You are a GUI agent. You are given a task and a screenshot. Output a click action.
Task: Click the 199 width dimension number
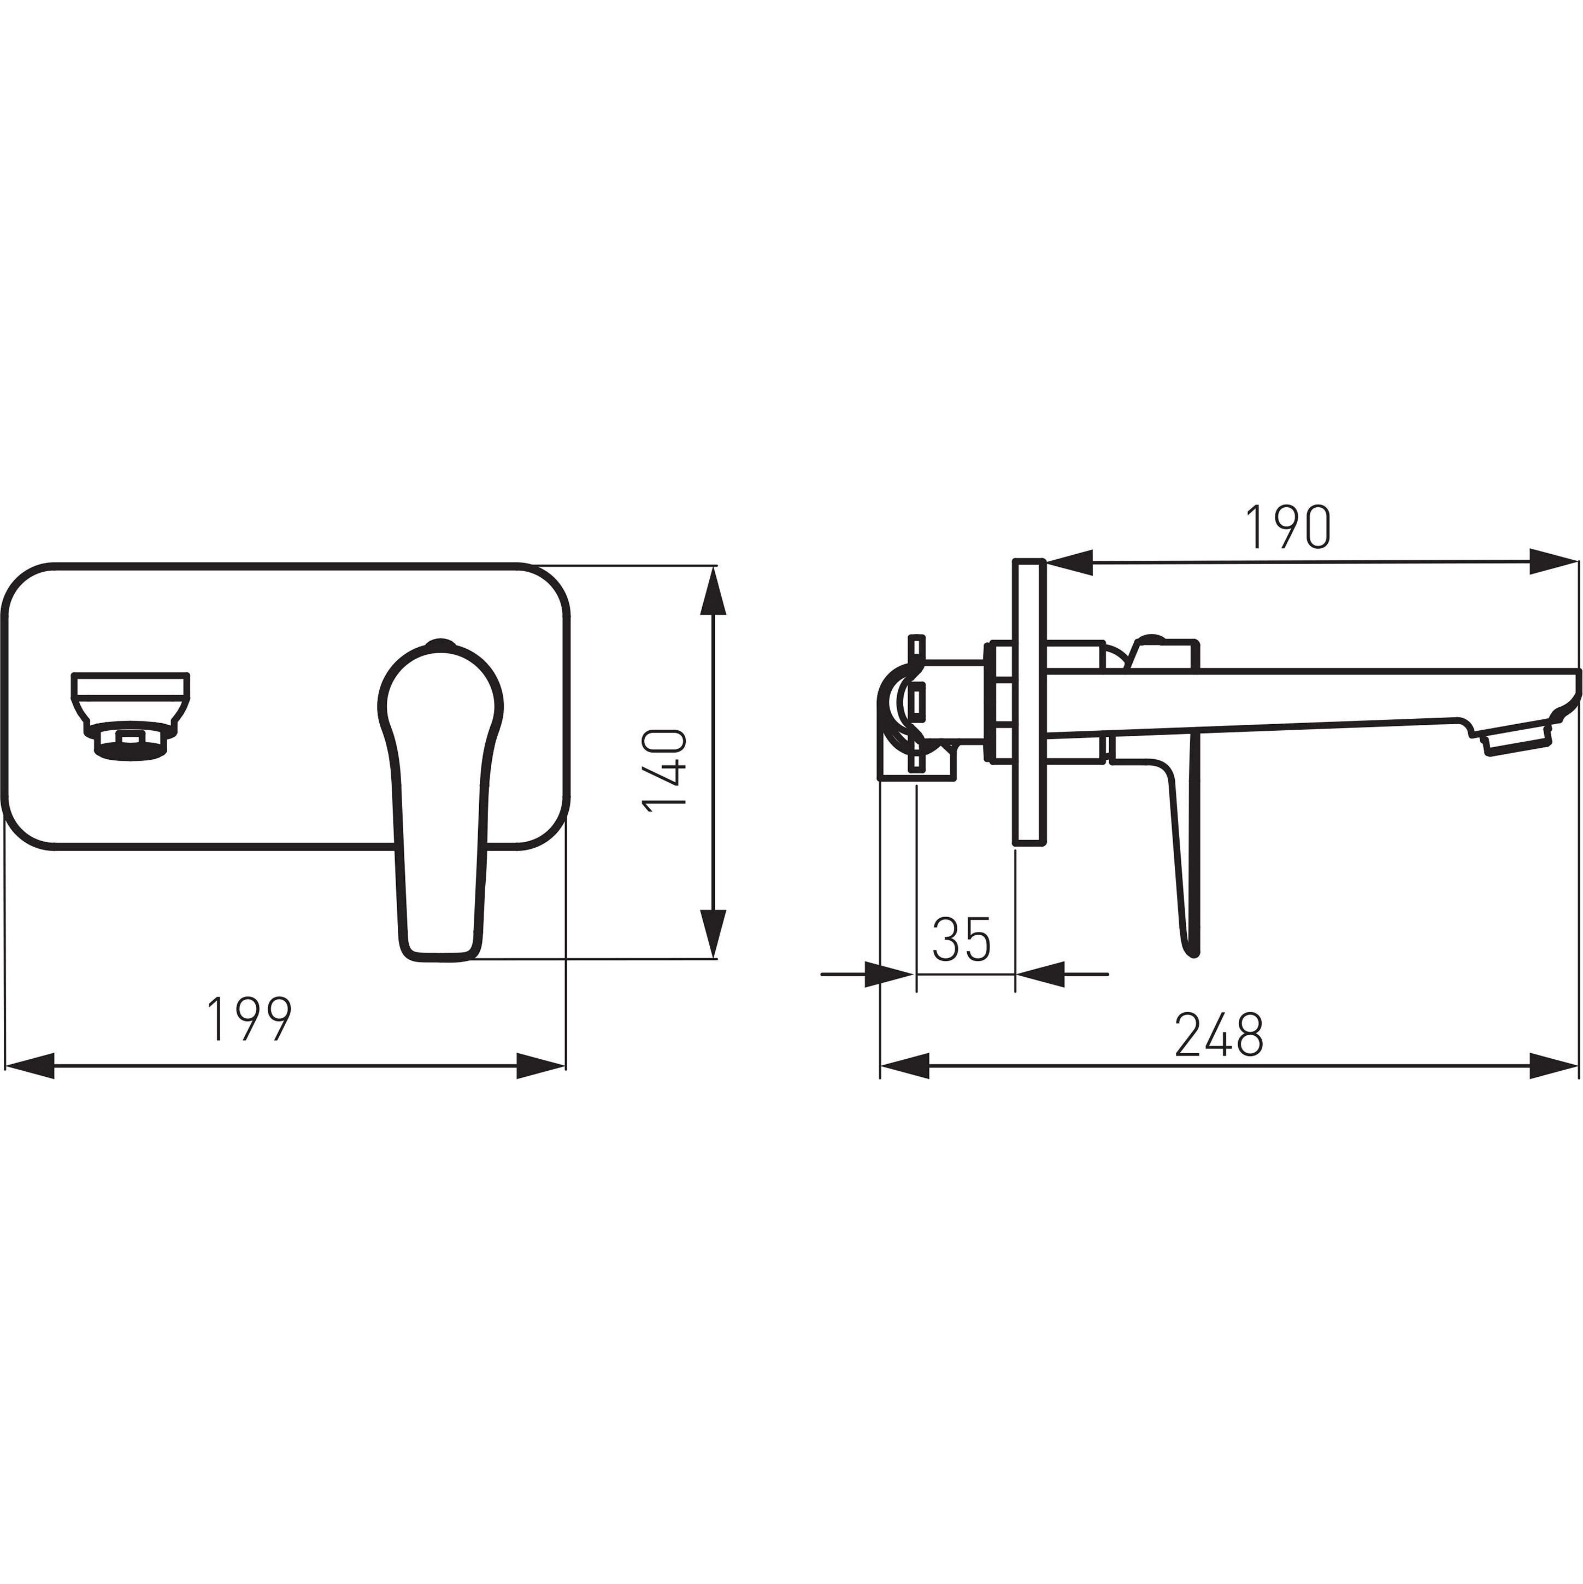[249, 1019]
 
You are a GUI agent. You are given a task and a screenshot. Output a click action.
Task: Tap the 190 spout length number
[1288, 526]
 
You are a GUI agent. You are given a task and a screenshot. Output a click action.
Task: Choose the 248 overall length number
[1219, 1035]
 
